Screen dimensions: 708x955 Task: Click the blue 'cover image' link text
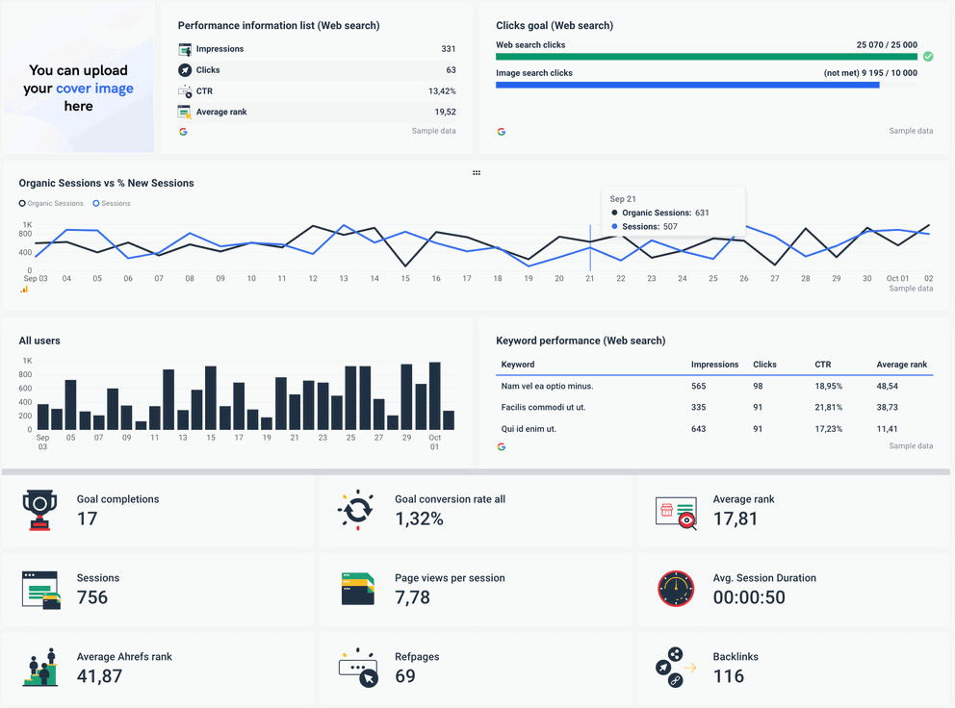(94, 88)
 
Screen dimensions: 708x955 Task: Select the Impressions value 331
(448, 49)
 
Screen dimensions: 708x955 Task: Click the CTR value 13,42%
(442, 91)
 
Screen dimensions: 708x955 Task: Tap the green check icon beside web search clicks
(928, 57)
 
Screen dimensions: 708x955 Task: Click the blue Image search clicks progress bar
(687, 85)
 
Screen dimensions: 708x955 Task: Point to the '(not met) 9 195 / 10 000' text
(869, 73)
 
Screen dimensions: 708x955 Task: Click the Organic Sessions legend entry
(52, 204)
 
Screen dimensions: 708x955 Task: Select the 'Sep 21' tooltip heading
(624, 199)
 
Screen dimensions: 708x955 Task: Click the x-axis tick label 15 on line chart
(405, 279)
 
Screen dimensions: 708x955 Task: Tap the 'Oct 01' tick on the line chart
(897, 279)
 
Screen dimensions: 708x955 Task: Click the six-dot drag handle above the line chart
(477, 173)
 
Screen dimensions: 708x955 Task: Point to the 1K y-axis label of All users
(27, 361)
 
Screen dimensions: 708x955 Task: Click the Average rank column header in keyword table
(901, 365)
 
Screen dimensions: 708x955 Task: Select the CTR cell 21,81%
(828, 408)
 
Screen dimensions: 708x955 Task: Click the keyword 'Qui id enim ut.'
(529, 429)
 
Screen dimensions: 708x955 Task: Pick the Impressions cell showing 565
(699, 386)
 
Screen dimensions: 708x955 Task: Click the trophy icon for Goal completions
(40, 510)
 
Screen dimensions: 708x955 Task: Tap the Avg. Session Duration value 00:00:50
(749, 597)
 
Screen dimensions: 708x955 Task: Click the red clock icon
(676, 589)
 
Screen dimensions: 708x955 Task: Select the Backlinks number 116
(729, 676)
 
